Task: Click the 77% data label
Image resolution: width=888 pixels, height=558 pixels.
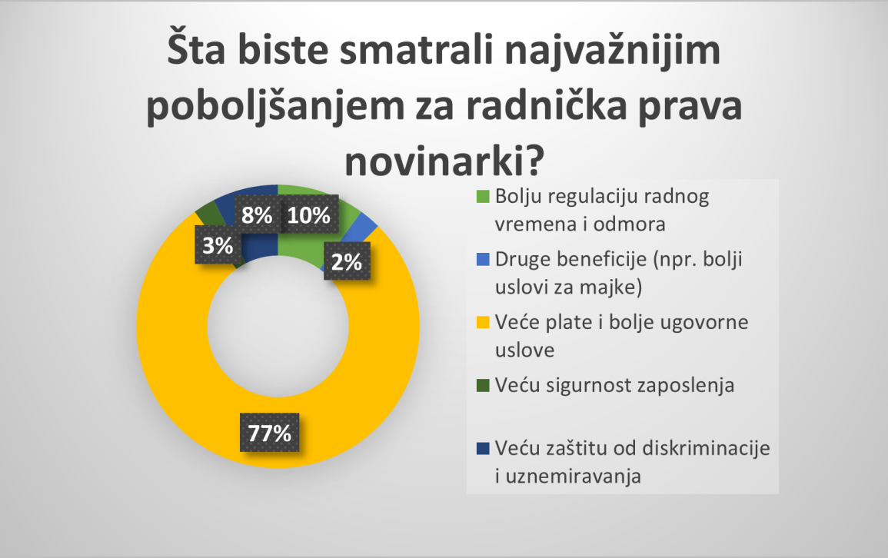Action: pyautogui.click(x=270, y=433)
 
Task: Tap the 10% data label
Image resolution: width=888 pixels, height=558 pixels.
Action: pyautogui.click(x=308, y=214)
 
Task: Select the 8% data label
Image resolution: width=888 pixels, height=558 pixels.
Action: pyautogui.click(x=257, y=214)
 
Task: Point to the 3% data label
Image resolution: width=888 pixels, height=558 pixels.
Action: pyautogui.click(x=218, y=245)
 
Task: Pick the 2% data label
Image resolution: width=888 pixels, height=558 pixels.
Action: pyautogui.click(x=347, y=261)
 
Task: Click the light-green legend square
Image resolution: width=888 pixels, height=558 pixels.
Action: pyautogui.click(x=483, y=196)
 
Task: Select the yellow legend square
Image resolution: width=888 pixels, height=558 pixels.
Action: pyautogui.click(x=483, y=323)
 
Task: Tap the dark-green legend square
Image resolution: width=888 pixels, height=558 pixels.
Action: pyautogui.click(x=483, y=385)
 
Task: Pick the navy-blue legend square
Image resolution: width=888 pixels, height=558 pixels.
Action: pyautogui.click(x=483, y=448)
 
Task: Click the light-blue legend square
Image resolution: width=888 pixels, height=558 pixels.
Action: pyautogui.click(x=483, y=259)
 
